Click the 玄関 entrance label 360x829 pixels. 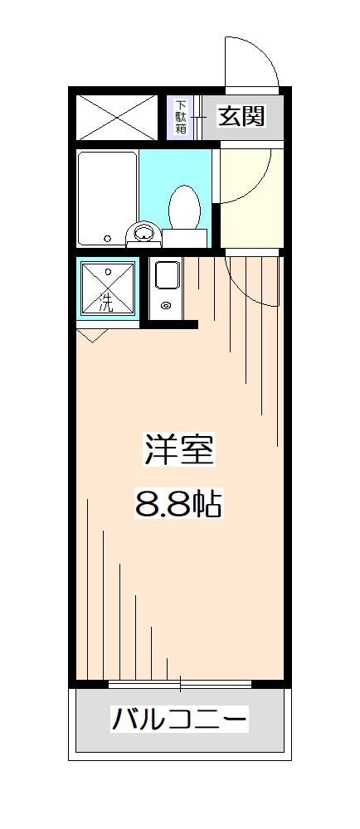pyautogui.click(x=241, y=116)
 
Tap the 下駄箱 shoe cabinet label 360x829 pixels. pyautogui.click(x=181, y=117)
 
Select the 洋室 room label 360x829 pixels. pyautogui.click(x=179, y=453)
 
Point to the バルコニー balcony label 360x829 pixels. pyautogui.click(x=179, y=719)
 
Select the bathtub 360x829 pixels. pyautogui.click(x=107, y=196)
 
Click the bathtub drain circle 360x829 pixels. pyautogui.click(x=107, y=238)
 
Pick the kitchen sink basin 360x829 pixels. pyautogui.click(x=167, y=275)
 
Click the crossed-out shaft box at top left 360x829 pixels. pyautogui.click(x=116, y=117)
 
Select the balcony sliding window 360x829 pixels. pyautogui.click(x=179, y=684)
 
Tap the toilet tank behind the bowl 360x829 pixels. pyautogui.click(x=183, y=238)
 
